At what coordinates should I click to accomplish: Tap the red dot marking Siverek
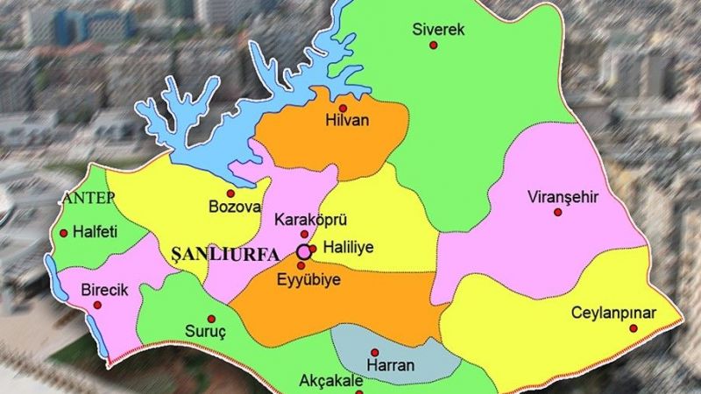pyautogui.click(x=433, y=46)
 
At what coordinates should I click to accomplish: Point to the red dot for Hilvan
pyautogui.click(x=355, y=107)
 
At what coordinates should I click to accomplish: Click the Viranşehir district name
pyautogui.click(x=563, y=196)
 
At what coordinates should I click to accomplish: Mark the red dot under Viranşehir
pyautogui.click(x=557, y=213)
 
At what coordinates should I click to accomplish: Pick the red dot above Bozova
pyautogui.click(x=230, y=193)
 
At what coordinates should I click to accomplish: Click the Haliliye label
pyautogui.click(x=349, y=248)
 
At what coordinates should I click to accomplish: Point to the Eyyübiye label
pyautogui.click(x=310, y=279)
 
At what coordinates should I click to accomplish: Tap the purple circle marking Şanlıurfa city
pyautogui.click(x=303, y=251)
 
